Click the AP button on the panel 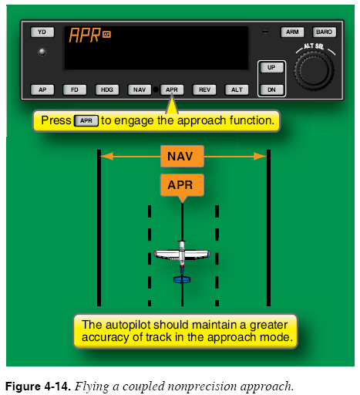coord(42,89)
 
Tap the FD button coord(75,89)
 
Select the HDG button coord(107,89)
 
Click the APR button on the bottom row coord(172,89)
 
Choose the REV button coord(204,89)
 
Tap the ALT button coord(237,89)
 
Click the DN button coord(271,89)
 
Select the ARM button coord(292,32)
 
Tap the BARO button coord(324,32)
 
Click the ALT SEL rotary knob coord(314,70)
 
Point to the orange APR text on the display coord(85,35)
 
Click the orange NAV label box coord(182,157)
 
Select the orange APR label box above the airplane coord(182,185)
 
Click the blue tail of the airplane coord(182,279)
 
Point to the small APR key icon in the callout coord(86,120)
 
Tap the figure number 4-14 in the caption coord(56,387)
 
